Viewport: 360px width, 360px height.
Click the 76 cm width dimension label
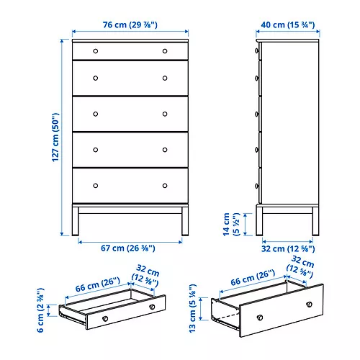(130, 24)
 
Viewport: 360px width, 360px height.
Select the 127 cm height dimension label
(56, 138)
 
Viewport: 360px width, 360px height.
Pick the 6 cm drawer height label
(41, 310)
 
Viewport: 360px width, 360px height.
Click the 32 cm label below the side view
(288, 250)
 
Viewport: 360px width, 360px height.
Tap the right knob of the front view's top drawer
(165, 51)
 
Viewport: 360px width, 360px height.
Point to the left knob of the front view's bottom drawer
(96, 186)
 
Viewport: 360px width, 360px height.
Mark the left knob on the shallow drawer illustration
(105, 318)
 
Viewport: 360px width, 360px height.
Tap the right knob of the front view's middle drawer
(165, 114)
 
